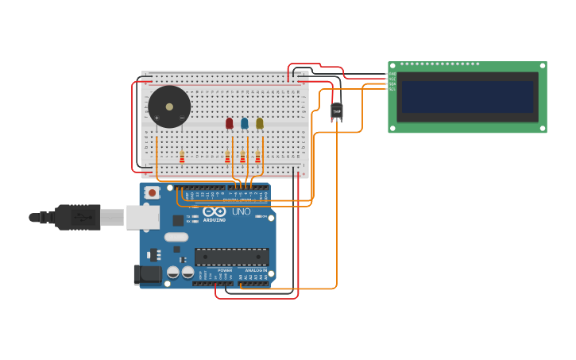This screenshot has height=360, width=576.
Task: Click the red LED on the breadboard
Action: coord(230,123)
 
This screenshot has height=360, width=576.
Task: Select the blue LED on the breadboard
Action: coord(245,123)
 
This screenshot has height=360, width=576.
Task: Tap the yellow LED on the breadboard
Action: coord(260,123)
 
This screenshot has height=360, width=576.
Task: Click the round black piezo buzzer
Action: coord(169,106)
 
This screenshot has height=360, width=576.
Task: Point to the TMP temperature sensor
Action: coord(337,111)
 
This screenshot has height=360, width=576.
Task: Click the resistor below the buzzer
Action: coord(182,157)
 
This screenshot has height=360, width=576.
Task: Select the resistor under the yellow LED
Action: coord(257,157)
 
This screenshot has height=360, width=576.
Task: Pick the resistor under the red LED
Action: coord(227,157)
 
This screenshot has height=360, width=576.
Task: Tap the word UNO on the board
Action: coord(241,212)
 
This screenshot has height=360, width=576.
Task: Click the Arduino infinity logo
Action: coord(214,211)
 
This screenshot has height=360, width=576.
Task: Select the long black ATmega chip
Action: coord(231,257)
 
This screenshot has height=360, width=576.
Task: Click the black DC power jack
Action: coord(146,274)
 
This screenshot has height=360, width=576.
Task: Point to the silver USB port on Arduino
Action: coord(144,217)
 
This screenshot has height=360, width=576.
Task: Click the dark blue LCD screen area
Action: coord(467,96)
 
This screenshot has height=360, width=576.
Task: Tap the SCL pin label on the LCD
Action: coord(392,89)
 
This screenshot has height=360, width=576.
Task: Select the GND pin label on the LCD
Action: coord(392,74)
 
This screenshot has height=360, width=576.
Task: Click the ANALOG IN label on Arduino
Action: coord(255,270)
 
